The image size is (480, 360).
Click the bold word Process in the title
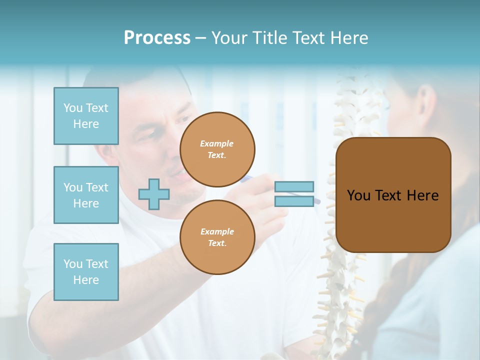(x=157, y=38)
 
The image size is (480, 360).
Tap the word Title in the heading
(x=270, y=38)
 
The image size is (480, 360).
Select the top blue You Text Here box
(x=86, y=116)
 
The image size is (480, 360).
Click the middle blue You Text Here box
(x=86, y=195)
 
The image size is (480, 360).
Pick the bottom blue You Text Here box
(x=86, y=272)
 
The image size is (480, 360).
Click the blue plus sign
(x=154, y=194)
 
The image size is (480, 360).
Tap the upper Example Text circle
(x=217, y=149)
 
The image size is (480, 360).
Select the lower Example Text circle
(x=217, y=237)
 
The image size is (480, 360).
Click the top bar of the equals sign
(x=294, y=186)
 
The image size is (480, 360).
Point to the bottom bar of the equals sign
(x=294, y=201)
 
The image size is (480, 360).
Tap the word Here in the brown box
(x=422, y=195)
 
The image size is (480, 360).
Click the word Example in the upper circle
(x=216, y=143)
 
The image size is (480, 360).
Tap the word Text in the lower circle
(x=216, y=243)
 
